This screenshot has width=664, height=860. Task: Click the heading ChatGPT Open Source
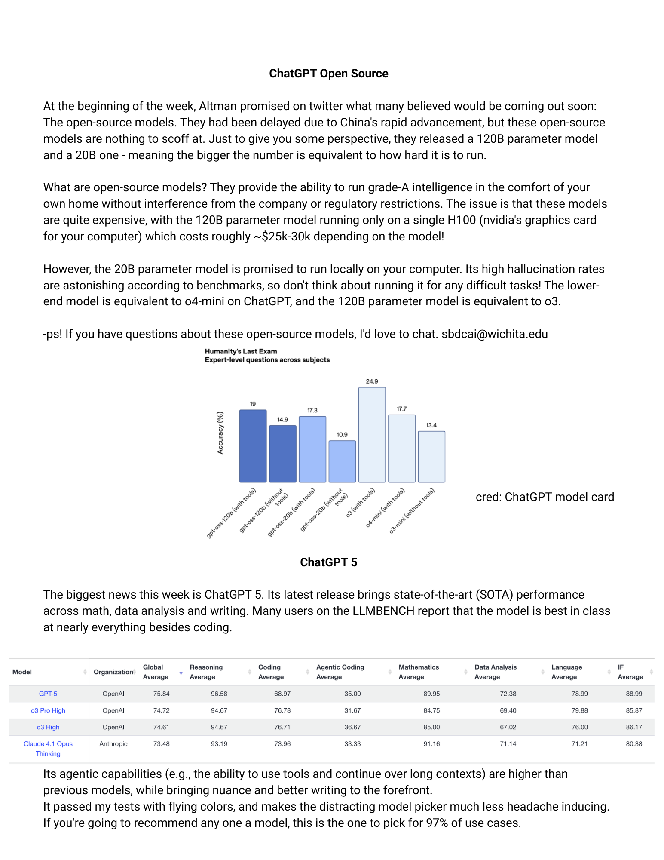tap(328, 74)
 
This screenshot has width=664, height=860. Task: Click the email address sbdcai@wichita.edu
tap(494, 334)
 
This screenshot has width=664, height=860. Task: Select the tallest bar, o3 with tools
tap(372, 434)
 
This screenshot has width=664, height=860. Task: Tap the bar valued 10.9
tap(342, 461)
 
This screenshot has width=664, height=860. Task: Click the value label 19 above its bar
tap(253, 404)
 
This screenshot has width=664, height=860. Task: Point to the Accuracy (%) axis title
tap(220, 433)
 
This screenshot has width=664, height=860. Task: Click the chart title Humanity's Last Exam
tap(241, 351)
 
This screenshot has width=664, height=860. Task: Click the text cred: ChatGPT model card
tap(545, 497)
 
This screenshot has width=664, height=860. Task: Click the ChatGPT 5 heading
tap(328, 562)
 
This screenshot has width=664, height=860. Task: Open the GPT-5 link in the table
tap(48, 694)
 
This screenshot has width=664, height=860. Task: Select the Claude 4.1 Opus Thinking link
tap(48, 749)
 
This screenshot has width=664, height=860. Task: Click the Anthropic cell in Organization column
tap(113, 744)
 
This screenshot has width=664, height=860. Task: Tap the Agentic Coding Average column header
tap(340, 672)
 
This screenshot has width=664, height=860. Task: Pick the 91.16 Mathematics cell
tap(431, 744)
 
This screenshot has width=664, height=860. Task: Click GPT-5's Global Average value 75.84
tap(161, 694)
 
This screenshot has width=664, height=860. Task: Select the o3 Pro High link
tap(48, 710)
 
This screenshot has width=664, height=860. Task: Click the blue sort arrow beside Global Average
tap(181, 673)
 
